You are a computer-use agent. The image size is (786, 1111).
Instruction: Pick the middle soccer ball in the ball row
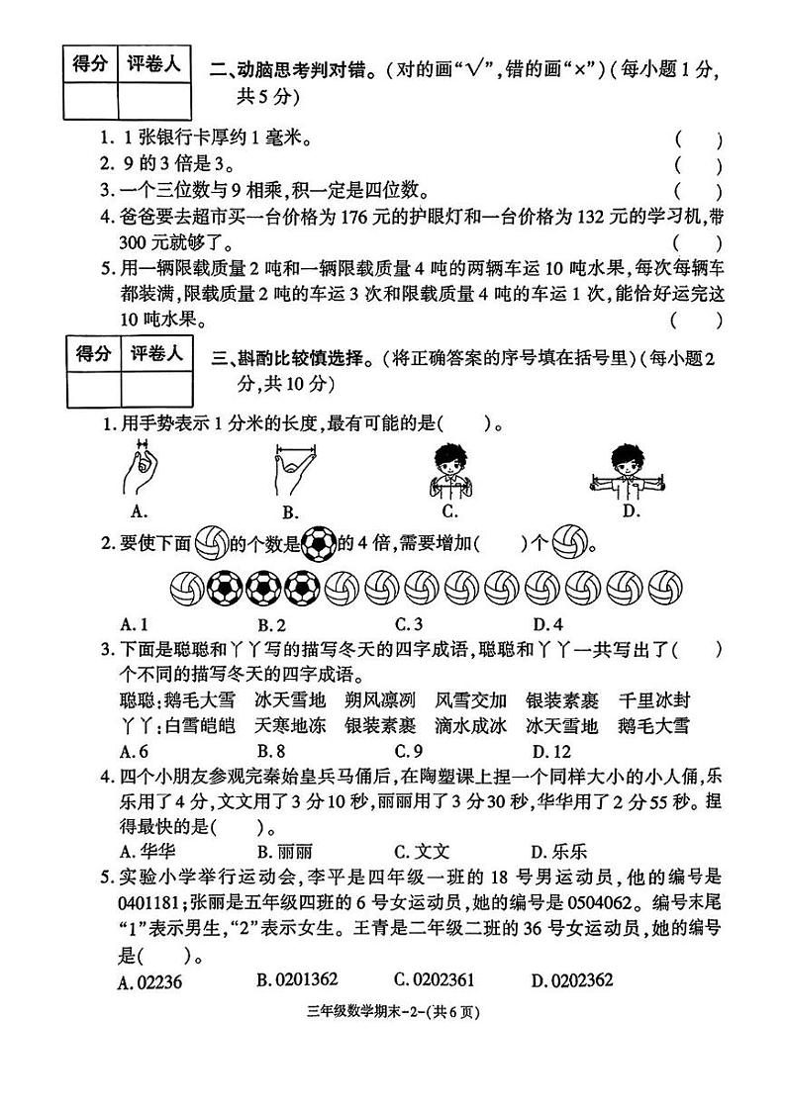coord(264,589)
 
